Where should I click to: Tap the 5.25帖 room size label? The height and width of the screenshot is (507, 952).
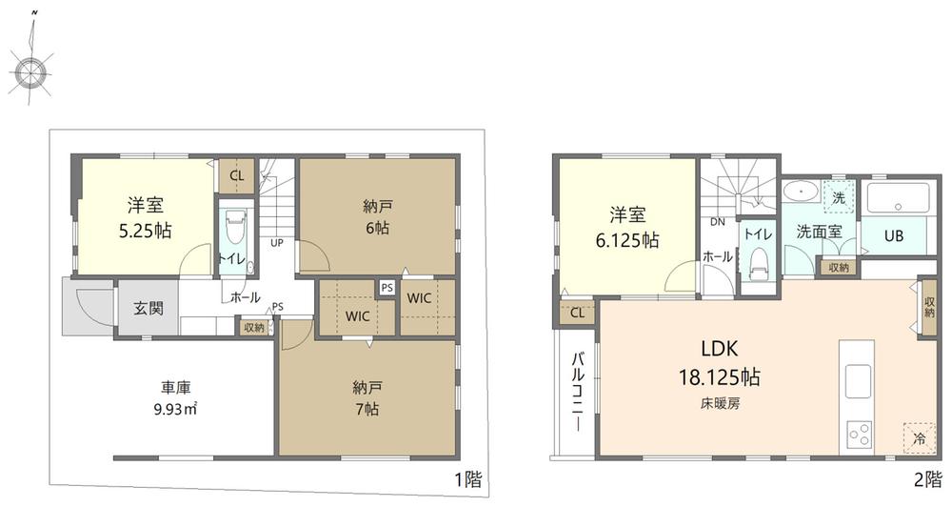pyautogui.click(x=146, y=231)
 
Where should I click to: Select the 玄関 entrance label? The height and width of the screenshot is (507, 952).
pyautogui.click(x=149, y=308)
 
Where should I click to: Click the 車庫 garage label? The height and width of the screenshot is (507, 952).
pyautogui.click(x=175, y=387)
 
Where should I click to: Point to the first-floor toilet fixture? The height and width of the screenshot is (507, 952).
pyautogui.click(x=235, y=239)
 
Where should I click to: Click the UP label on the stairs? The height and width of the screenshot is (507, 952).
pyautogui.click(x=277, y=243)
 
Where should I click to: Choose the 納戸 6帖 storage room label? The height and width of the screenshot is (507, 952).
pyautogui.click(x=376, y=217)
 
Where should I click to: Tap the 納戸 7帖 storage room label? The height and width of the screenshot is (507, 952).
pyautogui.click(x=367, y=397)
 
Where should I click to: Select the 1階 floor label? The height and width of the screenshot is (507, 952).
pyautogui.click(x=468, y=480)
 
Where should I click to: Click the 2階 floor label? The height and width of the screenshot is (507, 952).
pyautogui.click(x=927, y=480)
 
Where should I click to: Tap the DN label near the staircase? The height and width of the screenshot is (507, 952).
pyautogui.click(x=718, y=222)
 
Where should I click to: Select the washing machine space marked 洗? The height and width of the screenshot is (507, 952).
pyautogui.click(x=839, y=197)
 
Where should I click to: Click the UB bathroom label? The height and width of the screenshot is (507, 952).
pyautogui.click(x=894, y=236)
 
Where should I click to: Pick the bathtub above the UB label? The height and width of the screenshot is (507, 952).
pyautogui.click(x=898, y=198)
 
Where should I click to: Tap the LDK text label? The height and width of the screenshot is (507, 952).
pyautogui.click(x=720, y=349)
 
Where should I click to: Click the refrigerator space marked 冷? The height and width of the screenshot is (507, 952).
pyautogui.click(x=920, y=437)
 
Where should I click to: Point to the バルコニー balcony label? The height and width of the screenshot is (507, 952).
pyautogui.click(x=578, y=391)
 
